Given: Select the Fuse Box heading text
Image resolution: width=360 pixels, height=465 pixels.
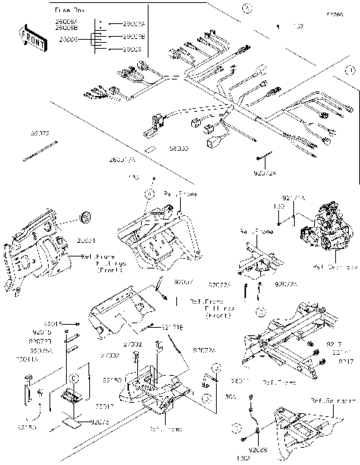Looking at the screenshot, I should (71, 9).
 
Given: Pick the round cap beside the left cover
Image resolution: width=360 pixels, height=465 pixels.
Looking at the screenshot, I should (85, 217).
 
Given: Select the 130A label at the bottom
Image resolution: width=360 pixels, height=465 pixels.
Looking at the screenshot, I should (244, 458).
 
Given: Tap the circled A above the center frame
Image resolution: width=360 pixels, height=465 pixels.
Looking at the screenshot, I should (149, 193).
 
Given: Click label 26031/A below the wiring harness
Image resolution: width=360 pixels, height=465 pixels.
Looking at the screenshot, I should (122, 160).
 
